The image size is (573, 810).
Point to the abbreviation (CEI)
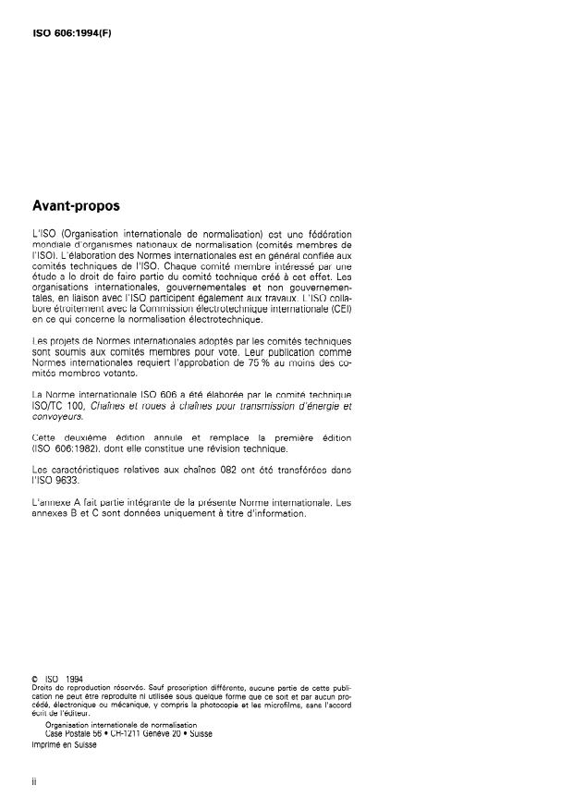(x=342, y=309)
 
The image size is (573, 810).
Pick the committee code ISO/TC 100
(x=58, y=405)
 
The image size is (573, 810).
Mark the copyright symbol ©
(x=34, y=679)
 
